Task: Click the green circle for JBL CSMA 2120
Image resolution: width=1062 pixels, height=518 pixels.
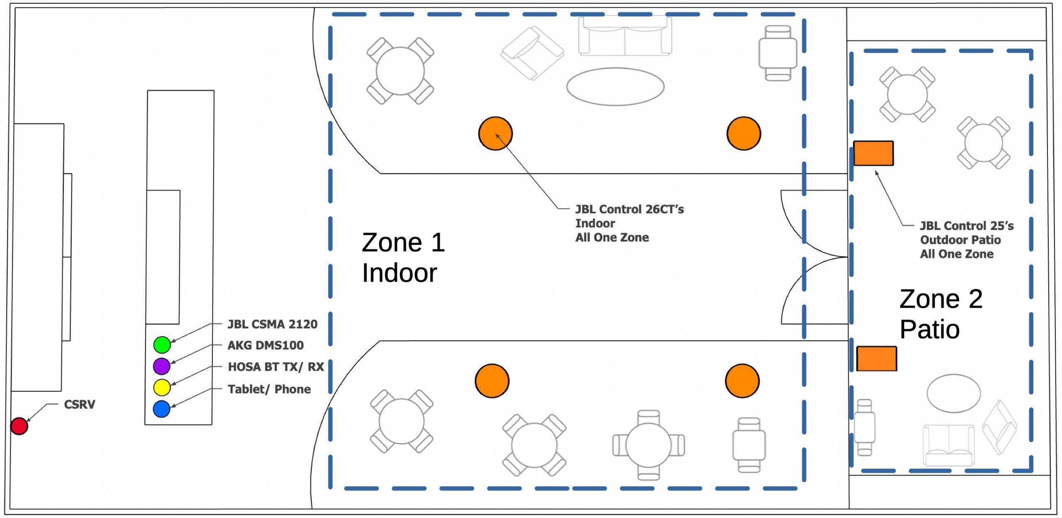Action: click(162, 345)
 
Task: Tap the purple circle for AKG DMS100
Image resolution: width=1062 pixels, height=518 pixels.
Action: click(161, 366)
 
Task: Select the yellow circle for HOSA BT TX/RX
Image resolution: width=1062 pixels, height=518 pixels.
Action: click(162, 387)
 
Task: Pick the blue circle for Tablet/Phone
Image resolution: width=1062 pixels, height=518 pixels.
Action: click(161, 409)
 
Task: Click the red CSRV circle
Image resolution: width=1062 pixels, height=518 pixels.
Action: click(19, 426)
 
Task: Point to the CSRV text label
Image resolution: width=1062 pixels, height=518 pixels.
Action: click(79, 405)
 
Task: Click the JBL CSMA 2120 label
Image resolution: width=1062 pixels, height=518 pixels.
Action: click(272, 324)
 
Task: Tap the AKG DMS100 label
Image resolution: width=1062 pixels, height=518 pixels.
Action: click(265, 345)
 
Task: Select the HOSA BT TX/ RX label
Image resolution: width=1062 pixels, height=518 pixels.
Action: click(275, 367)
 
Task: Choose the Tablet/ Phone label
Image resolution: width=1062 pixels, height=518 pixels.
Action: click(269, 389)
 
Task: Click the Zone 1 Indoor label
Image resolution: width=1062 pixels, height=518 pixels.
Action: click(402, 257)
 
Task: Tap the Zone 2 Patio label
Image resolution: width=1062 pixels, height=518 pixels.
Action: click(940, 314)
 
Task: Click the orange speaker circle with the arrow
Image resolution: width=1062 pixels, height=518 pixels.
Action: click(495, 133)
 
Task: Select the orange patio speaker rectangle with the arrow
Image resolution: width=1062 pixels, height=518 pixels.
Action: click(873, 153)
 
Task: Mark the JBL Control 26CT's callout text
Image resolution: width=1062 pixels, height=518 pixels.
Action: click(629, 223)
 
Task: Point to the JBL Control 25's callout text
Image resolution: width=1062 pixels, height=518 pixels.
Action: click(966, 240)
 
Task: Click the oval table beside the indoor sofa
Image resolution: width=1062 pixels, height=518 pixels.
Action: click(615, 87)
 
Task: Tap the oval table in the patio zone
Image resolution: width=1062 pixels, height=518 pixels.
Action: click(953, 393)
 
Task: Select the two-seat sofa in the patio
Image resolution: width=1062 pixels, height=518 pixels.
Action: click(948, 445)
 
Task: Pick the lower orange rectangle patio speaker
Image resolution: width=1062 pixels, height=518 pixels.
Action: click(877, 359)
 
